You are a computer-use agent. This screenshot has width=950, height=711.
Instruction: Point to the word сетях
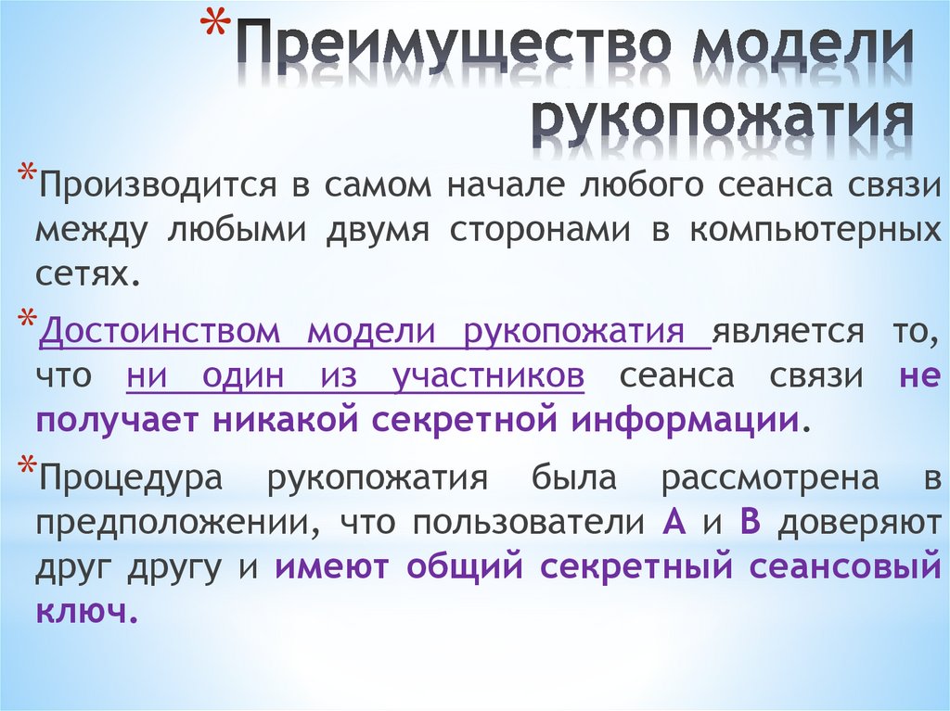coord(85,272)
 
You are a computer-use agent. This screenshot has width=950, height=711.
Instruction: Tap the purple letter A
coord(674,522)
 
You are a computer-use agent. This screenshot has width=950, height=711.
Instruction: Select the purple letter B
coord(750,522)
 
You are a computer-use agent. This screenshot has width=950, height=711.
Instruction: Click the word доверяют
coord(858,523)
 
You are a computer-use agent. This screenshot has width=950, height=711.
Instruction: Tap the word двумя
coord(376,229)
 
